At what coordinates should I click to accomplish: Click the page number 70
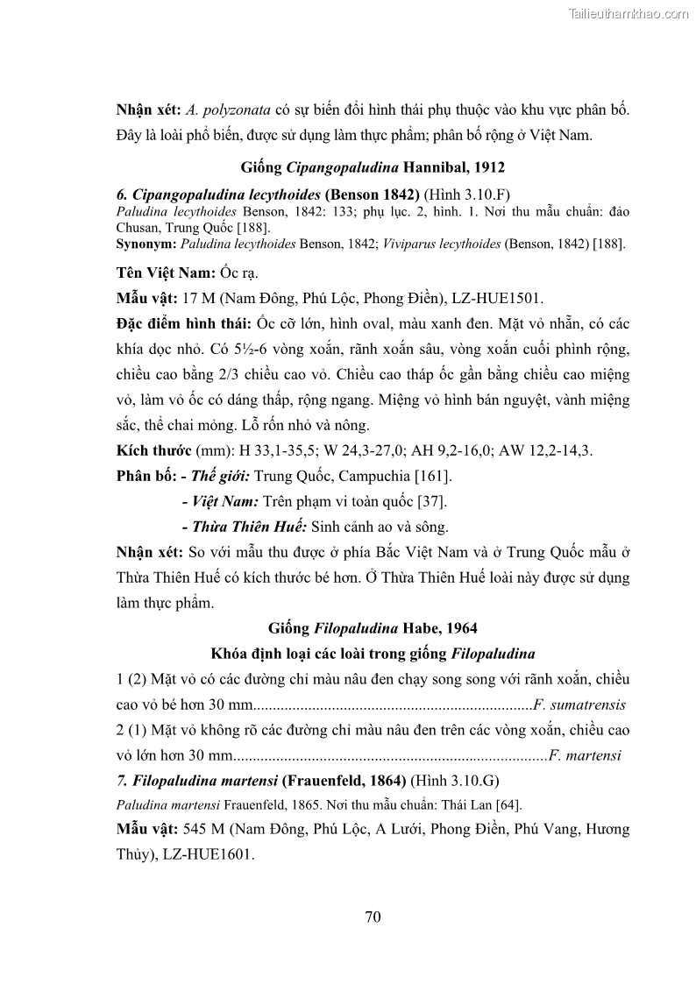coord(372,917)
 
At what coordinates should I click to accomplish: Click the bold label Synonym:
coord(146,243)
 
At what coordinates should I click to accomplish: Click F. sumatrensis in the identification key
coord(579,704)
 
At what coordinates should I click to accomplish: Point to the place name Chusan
coord(138,225)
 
